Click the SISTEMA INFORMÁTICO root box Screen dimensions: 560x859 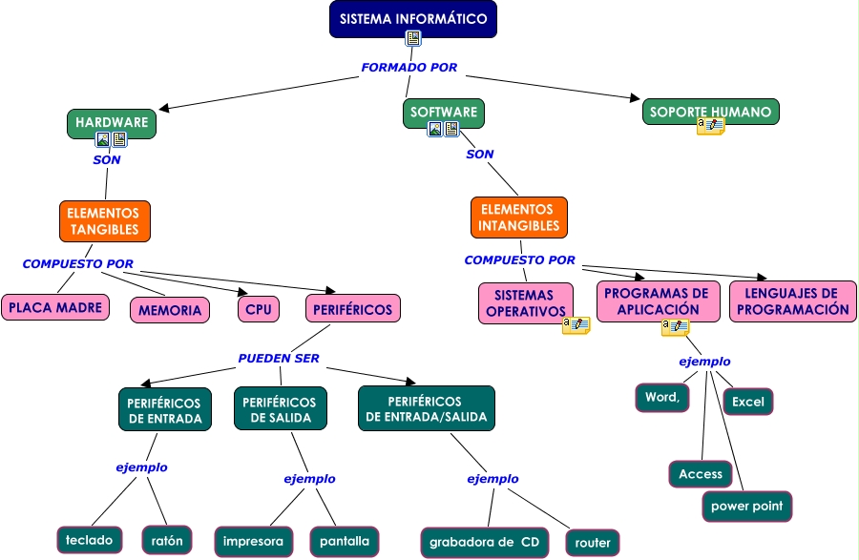[x=413, y=19]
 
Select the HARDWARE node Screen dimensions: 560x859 [x=112, y=122]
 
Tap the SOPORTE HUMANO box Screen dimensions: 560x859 [x=710, y=112]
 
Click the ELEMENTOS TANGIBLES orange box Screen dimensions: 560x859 [x=104, y=220]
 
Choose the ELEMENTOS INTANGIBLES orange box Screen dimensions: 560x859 [x=518, y=218]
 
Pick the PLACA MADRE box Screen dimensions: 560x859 [x=55, y=307]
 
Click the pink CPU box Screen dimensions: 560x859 [x=258, y=309]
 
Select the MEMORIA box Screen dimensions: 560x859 [x=170, y=310]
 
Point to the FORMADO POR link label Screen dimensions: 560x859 [x=409, y=68]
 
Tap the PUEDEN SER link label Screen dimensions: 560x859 [x=278, y=359]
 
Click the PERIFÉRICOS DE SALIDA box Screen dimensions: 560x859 [x=280, y=409]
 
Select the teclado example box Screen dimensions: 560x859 [x=89, y=540]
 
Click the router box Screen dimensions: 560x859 [x=592, y=543]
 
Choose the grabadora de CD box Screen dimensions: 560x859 [x=484, y=543]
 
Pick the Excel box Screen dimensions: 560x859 [x=748, y=402]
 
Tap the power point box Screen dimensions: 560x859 [x=746, y=506]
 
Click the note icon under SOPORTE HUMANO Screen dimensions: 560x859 [x=710, y=126]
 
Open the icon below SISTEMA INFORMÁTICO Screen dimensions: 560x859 [x=413, y=38]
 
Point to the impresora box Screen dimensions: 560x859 [x=253, y=541]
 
